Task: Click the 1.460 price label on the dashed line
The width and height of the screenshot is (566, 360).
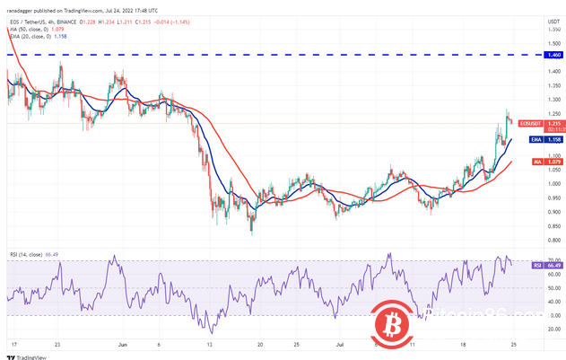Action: point(544,55)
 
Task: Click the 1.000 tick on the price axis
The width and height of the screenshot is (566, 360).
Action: point(543,183)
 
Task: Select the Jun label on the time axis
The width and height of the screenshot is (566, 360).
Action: point(121,344)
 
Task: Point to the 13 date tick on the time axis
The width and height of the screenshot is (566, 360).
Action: point(209,344)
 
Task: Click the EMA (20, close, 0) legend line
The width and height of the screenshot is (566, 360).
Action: point(36,36)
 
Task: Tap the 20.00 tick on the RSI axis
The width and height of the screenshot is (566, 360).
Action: point(543,329)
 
